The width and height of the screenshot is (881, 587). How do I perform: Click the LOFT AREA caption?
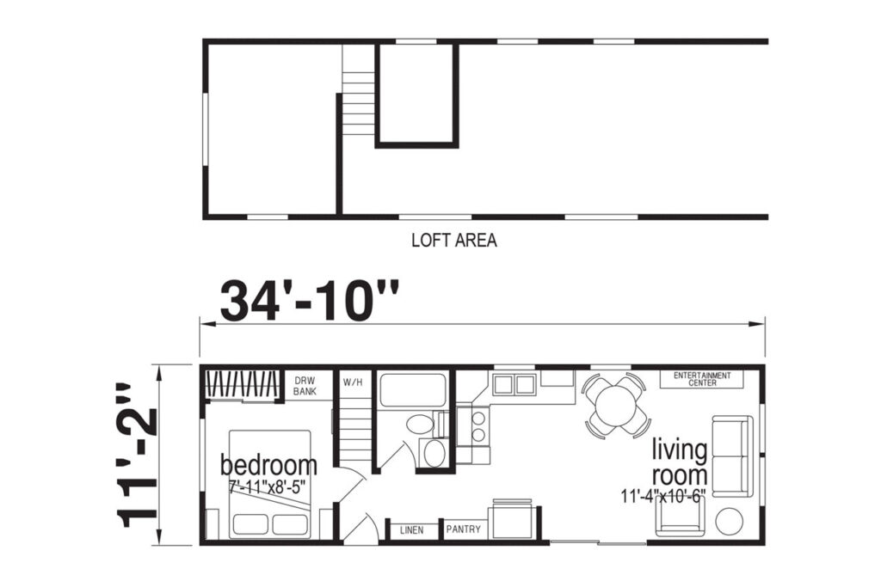tap(454, 240)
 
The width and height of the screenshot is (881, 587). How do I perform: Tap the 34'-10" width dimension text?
tap(310, 301)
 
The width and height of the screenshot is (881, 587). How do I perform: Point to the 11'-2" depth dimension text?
tap(135, 456)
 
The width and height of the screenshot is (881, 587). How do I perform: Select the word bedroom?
tap(268, 466)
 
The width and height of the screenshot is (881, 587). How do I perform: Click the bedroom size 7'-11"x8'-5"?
tap(267, 486)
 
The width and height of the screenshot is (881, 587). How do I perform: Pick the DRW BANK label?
tap(305, 386)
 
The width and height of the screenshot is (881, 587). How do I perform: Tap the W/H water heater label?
tap(354, 382)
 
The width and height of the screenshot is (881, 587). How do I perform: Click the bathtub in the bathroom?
tap(414, 390)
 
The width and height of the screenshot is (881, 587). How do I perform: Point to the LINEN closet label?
tap(412, 529)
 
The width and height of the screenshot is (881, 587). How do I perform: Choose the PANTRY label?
tap(464, 529)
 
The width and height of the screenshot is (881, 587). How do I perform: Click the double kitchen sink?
tap(514, 384)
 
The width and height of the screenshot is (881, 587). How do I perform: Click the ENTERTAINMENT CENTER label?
tap(702, 379)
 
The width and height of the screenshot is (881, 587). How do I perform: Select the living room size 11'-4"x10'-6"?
tap(663, 496)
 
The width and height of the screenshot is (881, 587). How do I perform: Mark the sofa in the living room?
tap(733, 456)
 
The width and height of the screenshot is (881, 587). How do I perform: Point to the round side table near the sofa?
tap(730, 522)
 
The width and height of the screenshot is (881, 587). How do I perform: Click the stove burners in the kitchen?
tap(478, 426)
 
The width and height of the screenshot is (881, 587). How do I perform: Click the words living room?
tap(680, 462)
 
